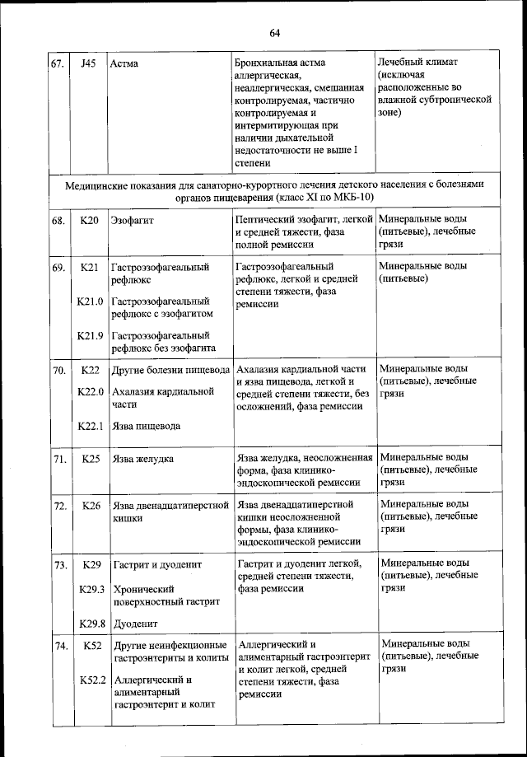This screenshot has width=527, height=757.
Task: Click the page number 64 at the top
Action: coord(274,32)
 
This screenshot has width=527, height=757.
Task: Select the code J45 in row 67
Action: coord(89,63)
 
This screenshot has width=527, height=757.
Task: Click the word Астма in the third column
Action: coord(124,63)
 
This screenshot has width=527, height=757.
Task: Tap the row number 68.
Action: coord(58,221)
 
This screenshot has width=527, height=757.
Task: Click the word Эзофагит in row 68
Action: coord(133,221)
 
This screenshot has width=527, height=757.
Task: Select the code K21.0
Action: coord(89,301)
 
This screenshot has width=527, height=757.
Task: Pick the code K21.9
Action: coord(89,335)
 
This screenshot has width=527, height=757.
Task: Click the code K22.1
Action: coord(89,426)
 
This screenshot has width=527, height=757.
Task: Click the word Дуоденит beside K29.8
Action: coord(135,624)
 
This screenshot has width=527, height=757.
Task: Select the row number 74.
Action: coord(58,647)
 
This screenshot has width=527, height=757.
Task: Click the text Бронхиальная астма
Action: coord(280,63)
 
